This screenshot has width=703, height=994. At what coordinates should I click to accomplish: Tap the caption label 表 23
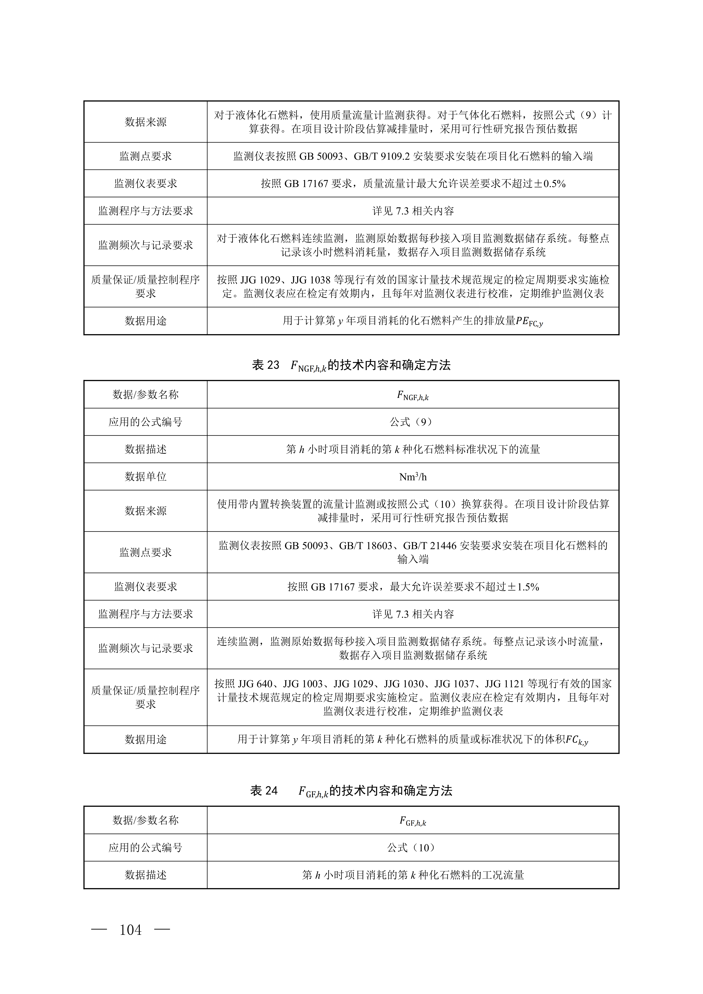[x=265, y=365]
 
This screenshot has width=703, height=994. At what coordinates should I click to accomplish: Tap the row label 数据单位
[x=145, y=477]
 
